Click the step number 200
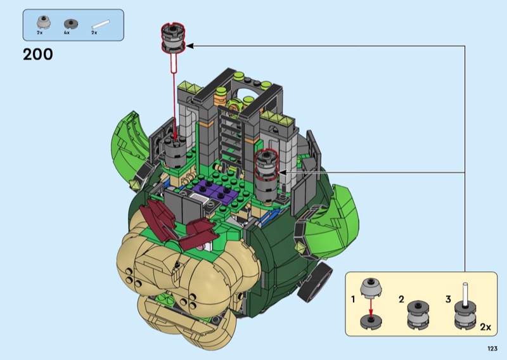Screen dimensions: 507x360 coord(38,55)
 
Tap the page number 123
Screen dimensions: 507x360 coord(492,349)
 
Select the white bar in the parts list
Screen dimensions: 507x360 coord(101,25)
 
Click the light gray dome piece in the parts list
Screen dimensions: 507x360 coord(43,22)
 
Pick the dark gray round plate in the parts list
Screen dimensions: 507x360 coord(71,23)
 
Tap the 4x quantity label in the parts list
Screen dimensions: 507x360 coord(67,33)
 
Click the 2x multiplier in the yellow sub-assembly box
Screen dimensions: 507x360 coord(485,326)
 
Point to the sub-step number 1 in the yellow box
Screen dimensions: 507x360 coord(353,300)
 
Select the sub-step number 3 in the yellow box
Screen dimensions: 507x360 coord(448,299)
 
